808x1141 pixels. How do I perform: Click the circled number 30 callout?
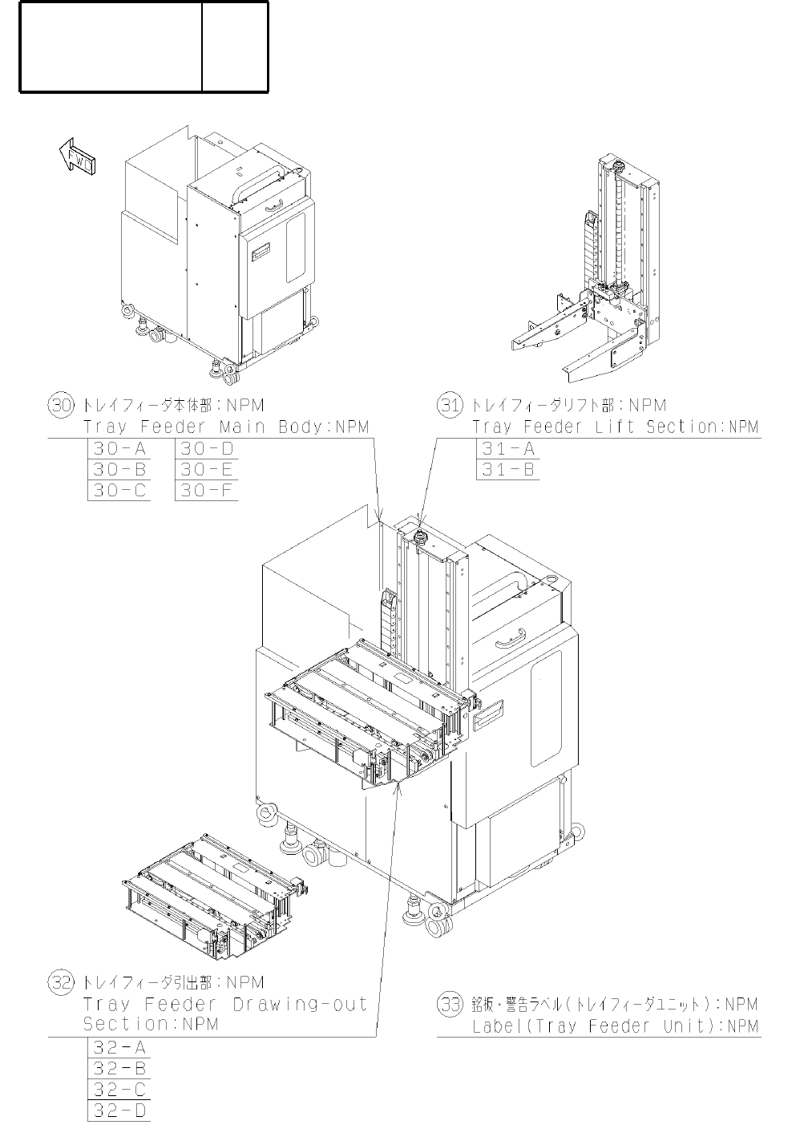(x=61, y=405)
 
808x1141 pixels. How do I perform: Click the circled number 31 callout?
(x=450, y=405)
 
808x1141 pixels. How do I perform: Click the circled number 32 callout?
(x=61, y=982)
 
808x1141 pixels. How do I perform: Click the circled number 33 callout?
(x=450, y=1003)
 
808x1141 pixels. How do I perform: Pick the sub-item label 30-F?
(x=206, y=491)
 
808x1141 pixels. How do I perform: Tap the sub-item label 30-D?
(x=206, y=448)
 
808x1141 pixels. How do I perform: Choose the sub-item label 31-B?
(x=507, y=470)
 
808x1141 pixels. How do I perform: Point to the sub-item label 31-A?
(x=507, y=448)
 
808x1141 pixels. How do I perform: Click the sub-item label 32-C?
(x=119, y=1090)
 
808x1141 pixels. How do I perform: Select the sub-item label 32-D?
(x=119, y=1111)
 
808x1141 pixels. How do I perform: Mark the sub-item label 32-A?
(x=119, y=1047)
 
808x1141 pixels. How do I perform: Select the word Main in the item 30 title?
(x=240, y=427)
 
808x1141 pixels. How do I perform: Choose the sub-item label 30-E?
(x=206, y=470)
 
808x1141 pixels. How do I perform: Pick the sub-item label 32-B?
(x=119, y=1068)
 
